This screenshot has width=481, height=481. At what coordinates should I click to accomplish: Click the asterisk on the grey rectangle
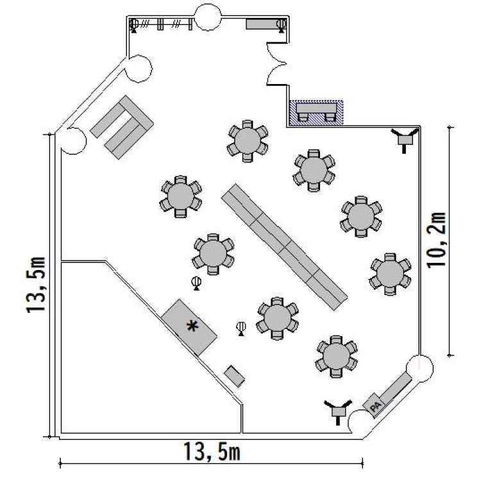pos(192,326)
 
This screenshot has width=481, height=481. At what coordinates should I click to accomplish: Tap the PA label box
pos(375,405)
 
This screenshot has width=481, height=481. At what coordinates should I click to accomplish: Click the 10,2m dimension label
pos(437,240)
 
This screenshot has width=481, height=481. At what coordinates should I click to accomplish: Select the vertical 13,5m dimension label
pos(36,285)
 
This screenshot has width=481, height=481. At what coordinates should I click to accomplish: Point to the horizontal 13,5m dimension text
pos(212,451)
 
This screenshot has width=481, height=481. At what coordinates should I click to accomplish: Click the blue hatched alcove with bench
pos(316,113)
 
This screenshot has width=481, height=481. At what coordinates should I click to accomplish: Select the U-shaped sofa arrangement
pos(122,128)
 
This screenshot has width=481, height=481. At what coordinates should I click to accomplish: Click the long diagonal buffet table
pos(284,247)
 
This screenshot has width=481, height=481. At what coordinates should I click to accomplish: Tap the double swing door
pos(276,64)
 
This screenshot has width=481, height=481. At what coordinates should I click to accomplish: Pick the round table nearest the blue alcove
pos(248,141)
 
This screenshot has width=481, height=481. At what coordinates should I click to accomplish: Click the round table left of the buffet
pos(181,197)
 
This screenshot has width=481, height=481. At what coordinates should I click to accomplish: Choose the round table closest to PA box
pos(337,357)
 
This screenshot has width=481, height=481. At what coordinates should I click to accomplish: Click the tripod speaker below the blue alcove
pos(405,140)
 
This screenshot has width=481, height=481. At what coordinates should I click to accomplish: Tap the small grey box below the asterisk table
pos(234,376)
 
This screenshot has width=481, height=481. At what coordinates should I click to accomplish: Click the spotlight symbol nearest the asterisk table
pos(196,283)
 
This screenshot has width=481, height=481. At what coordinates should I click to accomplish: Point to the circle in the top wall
pos(208,17)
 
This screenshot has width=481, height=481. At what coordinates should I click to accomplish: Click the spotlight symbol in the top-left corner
pos(134,24)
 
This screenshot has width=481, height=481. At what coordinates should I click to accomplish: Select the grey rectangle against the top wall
pos(263,24)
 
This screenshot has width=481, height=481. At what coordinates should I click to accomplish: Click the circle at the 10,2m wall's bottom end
pos(419,368)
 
